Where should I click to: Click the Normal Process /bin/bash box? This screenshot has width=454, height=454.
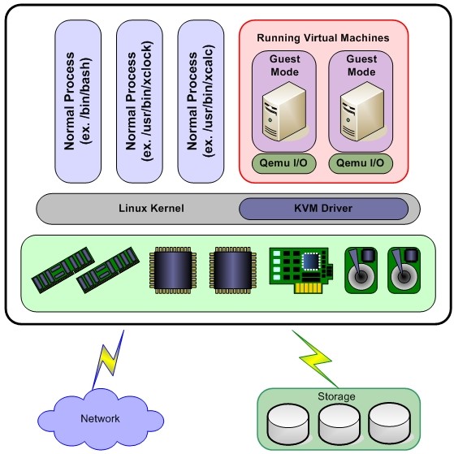[78, 102]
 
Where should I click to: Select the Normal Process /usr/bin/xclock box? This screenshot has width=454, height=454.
[140, 102]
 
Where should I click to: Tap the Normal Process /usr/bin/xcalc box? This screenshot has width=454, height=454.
[201, 102]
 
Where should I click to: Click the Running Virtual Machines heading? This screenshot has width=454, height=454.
[323, 38]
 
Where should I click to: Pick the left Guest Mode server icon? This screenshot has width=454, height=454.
[284, 111]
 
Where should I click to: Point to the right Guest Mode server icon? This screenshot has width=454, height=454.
[362, 111]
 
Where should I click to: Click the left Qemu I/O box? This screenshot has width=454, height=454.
[283, 163]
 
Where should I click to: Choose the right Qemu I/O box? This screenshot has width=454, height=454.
[361, 163]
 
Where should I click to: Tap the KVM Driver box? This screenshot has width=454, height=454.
[324, 209]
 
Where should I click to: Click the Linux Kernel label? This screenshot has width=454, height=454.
[151, 208]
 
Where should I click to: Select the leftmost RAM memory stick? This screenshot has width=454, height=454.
[63, 270]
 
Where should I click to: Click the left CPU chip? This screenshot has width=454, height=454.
[173, 270]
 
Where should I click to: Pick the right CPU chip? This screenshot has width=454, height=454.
[233, 270]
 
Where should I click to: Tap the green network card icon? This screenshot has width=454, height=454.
[301, 270]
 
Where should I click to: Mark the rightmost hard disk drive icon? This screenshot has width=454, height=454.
[404, 270]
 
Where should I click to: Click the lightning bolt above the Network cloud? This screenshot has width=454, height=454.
[108, 361]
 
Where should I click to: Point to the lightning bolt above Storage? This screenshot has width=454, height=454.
[316, 359]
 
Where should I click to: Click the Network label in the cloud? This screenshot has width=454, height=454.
[100, 418]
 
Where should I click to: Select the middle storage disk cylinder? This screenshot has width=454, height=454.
[339, 423]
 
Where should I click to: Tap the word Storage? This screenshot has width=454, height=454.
[336, 396]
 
